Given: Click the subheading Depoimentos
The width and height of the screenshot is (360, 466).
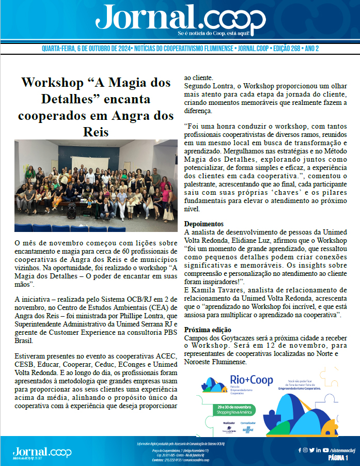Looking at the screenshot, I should [x=204, y=224].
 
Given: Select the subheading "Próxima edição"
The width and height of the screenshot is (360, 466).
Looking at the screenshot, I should [x=208, y=330].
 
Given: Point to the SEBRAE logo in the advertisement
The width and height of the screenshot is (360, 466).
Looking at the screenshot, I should [x=261, y=429].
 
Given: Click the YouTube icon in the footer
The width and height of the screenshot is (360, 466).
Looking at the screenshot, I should [x=324, y=450].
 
